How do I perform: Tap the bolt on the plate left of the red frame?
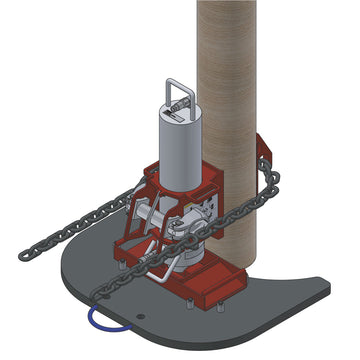(118, 264)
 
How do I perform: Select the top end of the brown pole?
(227, 5)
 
